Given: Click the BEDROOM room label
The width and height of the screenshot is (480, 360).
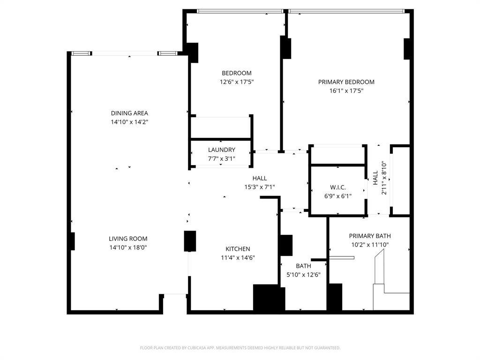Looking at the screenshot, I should click(236, 73).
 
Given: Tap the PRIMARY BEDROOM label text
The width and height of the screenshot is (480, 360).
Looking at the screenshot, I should click(346, 82).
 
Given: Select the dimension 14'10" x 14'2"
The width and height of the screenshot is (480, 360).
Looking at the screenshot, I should click(129, 122).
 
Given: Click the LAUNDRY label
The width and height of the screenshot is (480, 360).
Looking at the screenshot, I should click(221, 150).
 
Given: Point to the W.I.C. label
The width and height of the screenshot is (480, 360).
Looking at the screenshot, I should click(337, 187).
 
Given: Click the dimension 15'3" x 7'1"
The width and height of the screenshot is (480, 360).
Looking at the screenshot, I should click(259, 187).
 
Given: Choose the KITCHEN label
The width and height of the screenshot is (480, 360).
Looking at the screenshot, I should click(238, 249).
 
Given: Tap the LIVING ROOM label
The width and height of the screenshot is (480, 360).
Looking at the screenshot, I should click(129, 239).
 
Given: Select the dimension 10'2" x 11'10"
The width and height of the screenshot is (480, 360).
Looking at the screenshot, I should click(369, 245).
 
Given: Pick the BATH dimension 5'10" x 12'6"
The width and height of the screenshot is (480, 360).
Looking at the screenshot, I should click(303, 275).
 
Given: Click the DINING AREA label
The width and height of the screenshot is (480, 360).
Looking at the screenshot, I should click(129, 113).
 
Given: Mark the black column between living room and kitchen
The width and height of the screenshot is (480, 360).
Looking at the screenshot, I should click(190, 241).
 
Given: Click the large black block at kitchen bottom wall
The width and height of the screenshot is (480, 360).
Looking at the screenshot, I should click(269, 298).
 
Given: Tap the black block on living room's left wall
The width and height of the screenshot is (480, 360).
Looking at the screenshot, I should click(72, 241).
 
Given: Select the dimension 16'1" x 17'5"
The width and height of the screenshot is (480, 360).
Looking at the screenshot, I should click(346, 91).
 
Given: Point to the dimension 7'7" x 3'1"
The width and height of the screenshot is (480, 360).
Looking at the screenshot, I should click(221, 158).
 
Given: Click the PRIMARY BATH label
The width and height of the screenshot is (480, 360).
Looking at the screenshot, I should click(369, 236).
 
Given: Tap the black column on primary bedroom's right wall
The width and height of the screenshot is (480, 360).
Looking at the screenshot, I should click(407, 49).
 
